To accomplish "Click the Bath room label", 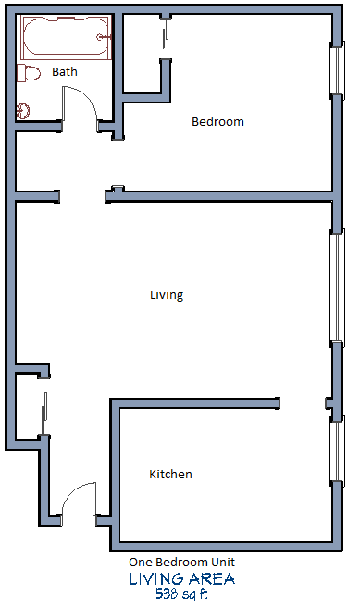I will click(65, 71).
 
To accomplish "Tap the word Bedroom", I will click(217, 121).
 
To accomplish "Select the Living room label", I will click(167, 295).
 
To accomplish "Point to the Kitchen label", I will click(171, 475).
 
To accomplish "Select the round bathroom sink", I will click(25, 110).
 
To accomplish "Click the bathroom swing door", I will click(80, 105).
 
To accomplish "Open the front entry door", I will click(79, 505).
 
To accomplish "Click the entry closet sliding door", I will click(43, 413).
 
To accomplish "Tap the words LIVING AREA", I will click(181, 579).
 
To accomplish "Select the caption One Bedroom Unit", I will click(181, 563).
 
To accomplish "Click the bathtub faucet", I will click(111, 37).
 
